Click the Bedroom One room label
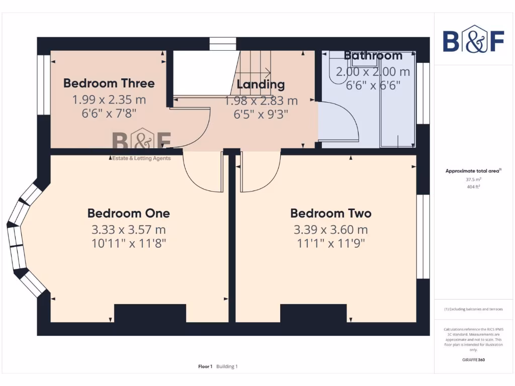(x=129, y=213)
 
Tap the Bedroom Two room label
(x=331, y=213)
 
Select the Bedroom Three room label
(x=109, y=83)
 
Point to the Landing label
(x=261, y=84)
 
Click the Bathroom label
(x=373, y=55)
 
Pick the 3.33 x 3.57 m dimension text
(x=129, y=230)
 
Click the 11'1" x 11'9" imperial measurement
(x=331, y=244)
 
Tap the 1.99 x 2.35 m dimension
(x=109, y=99)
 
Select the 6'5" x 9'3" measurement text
(x=261, y=115)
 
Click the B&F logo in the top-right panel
(x=473, y=39)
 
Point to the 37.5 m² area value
(x=473, y=179)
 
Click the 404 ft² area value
(x=473, y=186)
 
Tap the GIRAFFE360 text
(x=473, y=360)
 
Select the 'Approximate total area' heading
(x=472, y=171)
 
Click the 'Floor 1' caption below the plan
(x=205, y=366)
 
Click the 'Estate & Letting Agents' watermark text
(x=140, y=158)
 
